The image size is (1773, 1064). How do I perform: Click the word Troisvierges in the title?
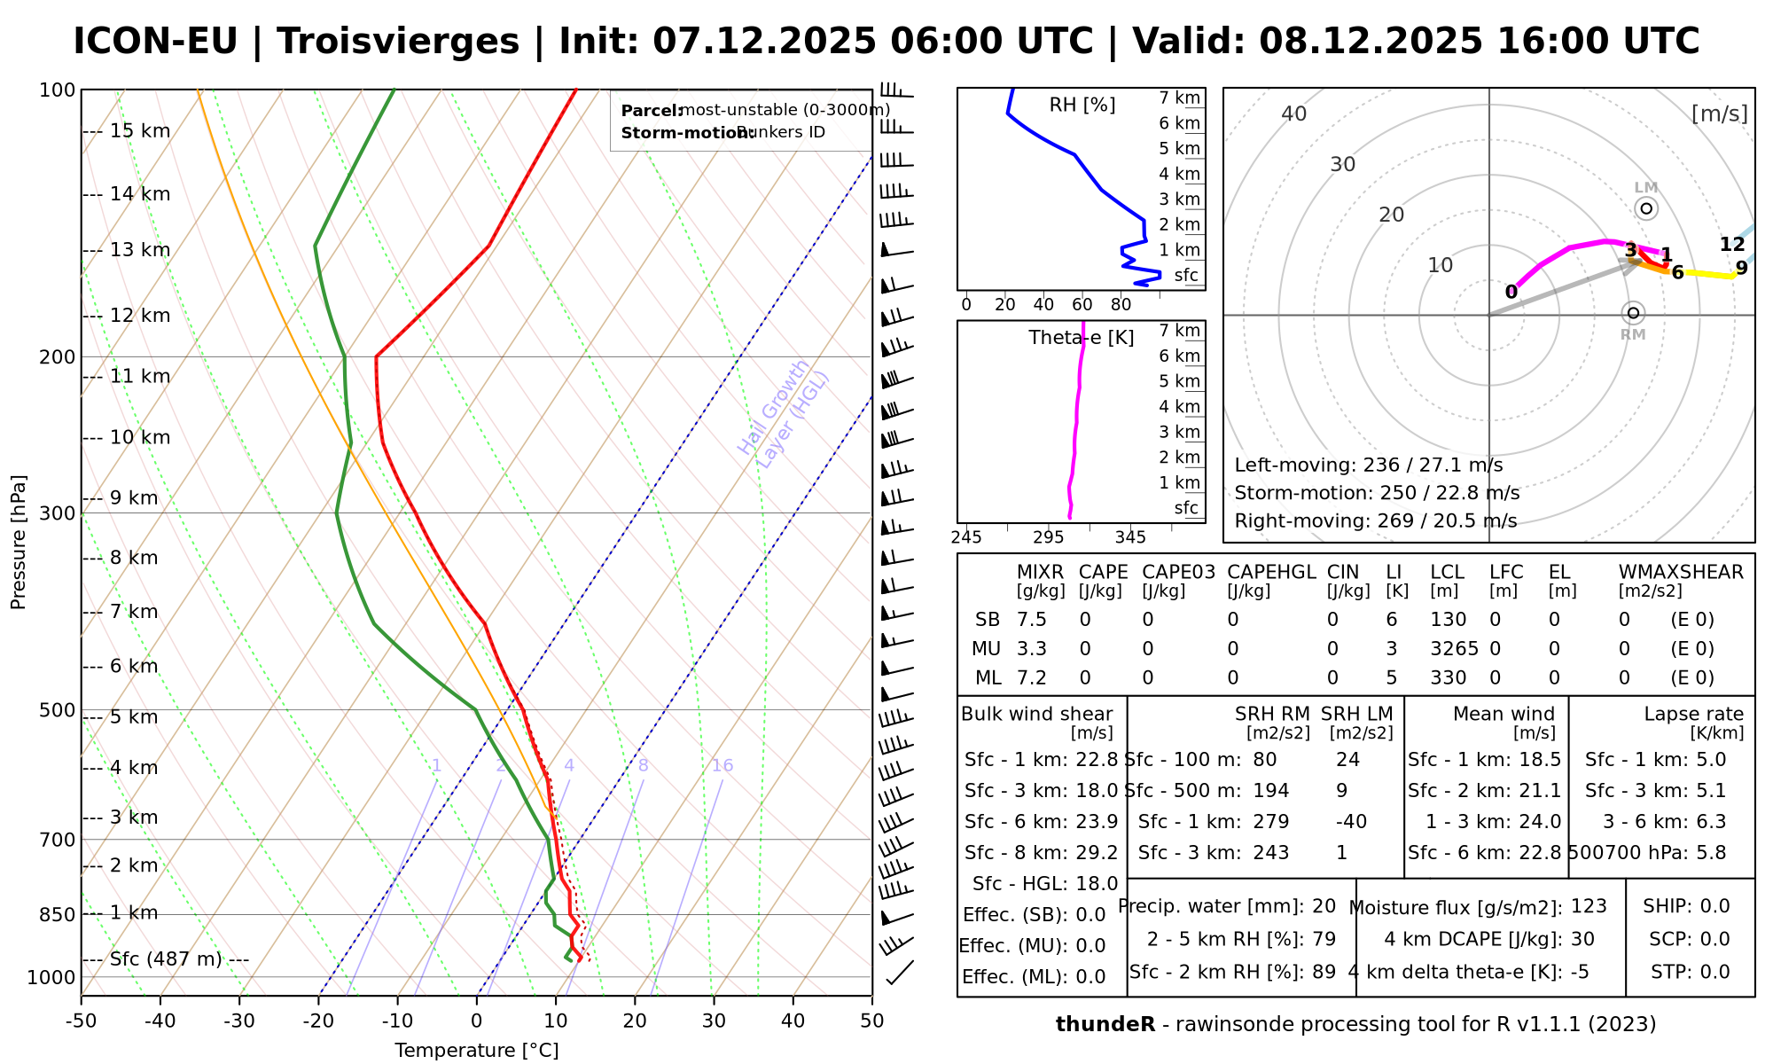point(398,42)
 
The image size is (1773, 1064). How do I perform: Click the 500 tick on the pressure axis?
point(57,710)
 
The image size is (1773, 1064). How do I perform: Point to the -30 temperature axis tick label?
point(239,1021)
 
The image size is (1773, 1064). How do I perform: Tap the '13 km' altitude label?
point(140,250)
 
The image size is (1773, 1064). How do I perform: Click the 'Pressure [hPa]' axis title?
point(19,542)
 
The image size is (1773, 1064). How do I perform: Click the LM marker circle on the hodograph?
point(1646,208)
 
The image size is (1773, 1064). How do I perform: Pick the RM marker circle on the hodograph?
point(1633,313)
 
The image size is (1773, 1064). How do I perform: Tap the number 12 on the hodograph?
point(1731,245)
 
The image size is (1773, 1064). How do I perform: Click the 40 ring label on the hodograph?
point(1294,113)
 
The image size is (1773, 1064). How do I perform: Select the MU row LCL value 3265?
point(1454,649)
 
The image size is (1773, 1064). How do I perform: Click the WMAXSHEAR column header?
point(1681,573)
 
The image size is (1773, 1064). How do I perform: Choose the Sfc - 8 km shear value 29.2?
point(1097,853)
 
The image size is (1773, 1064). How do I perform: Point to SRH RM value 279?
point(1270,822)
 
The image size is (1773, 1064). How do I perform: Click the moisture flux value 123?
point(1589,906)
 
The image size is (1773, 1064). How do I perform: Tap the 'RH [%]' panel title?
point(1082,106)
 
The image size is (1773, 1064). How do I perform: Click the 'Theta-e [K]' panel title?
point(1082,338)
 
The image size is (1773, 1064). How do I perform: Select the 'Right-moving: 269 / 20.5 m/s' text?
point(1375,520)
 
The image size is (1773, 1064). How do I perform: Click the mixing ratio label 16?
point(722,766)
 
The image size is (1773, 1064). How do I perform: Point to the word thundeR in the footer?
point(1105,1025)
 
